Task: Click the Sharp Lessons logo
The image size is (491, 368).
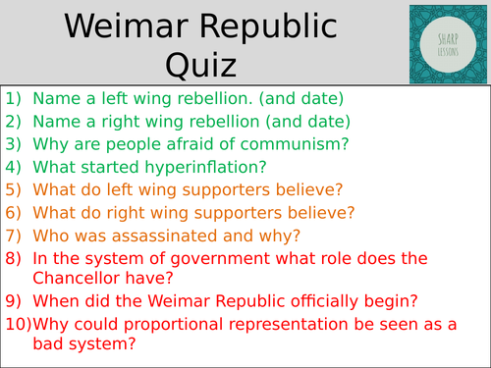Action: [x=449, y=42]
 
